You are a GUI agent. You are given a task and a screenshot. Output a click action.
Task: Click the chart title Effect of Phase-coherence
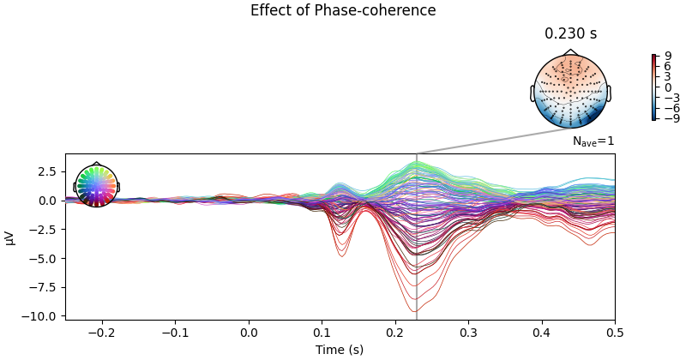(343, 10)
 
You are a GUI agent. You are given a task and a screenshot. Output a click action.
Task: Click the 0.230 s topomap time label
(570, 34)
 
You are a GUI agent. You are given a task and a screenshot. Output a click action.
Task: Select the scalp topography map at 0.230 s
(570, 92)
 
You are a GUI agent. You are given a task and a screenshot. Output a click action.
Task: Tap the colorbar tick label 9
(668, 56)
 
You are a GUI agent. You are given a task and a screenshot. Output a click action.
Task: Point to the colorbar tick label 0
(668, 87)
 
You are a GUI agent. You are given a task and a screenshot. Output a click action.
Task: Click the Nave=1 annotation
(593, 141)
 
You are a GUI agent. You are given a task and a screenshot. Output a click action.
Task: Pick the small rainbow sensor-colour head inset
(96, 185)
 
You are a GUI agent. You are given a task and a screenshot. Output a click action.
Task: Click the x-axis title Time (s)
(340, 350)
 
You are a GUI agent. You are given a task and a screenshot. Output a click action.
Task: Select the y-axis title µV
(10, 237)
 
